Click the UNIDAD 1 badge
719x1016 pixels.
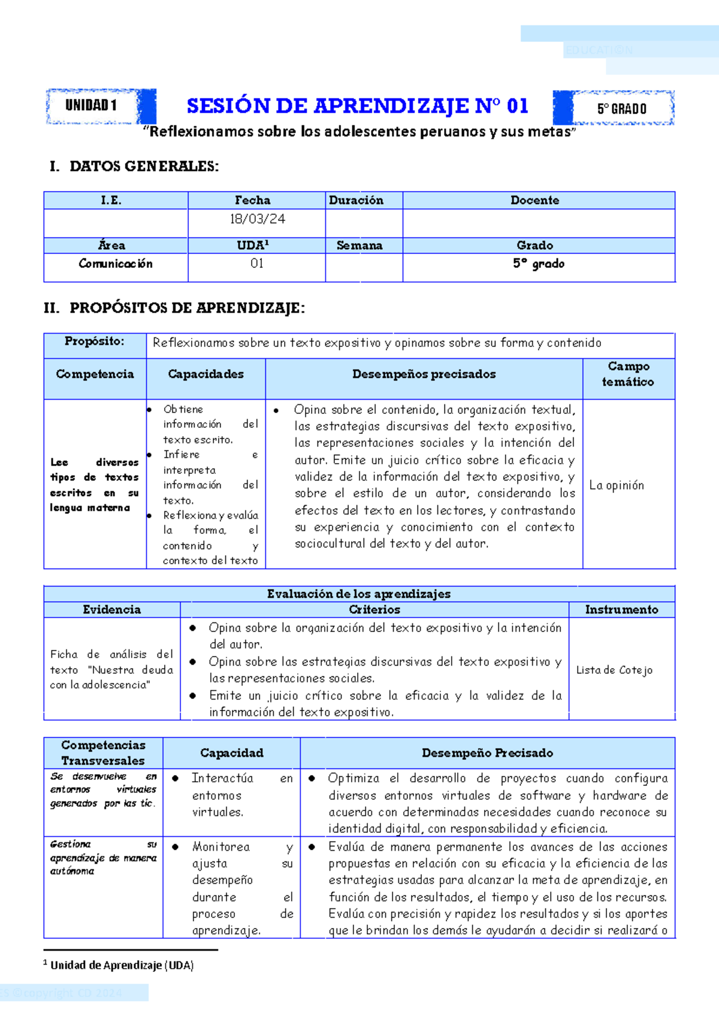click(x=91, y=105)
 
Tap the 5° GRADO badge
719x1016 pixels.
click(x=621, y=108)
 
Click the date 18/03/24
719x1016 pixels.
click(x=257, y=219)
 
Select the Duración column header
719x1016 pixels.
click(x=357, y=200)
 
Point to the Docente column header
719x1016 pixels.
click(x=534, y=200)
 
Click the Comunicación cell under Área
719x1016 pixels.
click(x=116, y=264)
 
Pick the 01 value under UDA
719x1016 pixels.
click(x=257, y=264)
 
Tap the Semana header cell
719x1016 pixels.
click(x=359, y=245)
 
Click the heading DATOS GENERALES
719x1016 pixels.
click(x=144, y=167)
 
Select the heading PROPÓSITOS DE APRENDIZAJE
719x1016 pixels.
click(x=187, y=308)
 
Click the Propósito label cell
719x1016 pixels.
click(x=95, y=341)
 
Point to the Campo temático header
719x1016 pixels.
click(x=628, y=374)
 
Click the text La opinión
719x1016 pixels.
click(x=617, y=485)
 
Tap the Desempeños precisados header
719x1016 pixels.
click(x=424, y=374)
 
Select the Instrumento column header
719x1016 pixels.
click(x=621, y=609)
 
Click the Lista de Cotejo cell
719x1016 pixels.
click(x=614, y=670)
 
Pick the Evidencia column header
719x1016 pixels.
click(x=111, y=609)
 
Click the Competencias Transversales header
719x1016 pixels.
click(x=103, y=752)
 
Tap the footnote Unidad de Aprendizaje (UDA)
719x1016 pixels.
click(x=122, y=965)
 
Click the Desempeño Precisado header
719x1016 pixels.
click(x=487, y=752)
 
